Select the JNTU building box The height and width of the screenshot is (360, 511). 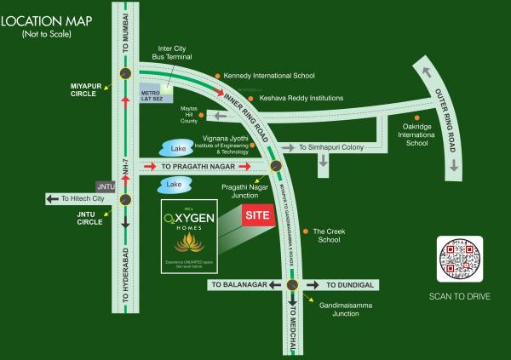(x=106, y=186)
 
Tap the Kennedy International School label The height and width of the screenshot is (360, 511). (x=272, y=75)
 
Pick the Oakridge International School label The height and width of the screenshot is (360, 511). (x=439, y=132)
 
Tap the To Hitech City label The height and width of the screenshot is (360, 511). (x=81, y=199)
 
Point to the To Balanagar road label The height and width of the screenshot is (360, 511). (x=240, y=285)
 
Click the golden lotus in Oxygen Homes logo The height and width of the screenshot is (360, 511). (x=190, y=243)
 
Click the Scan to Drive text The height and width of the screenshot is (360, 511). (x=461, y=297)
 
